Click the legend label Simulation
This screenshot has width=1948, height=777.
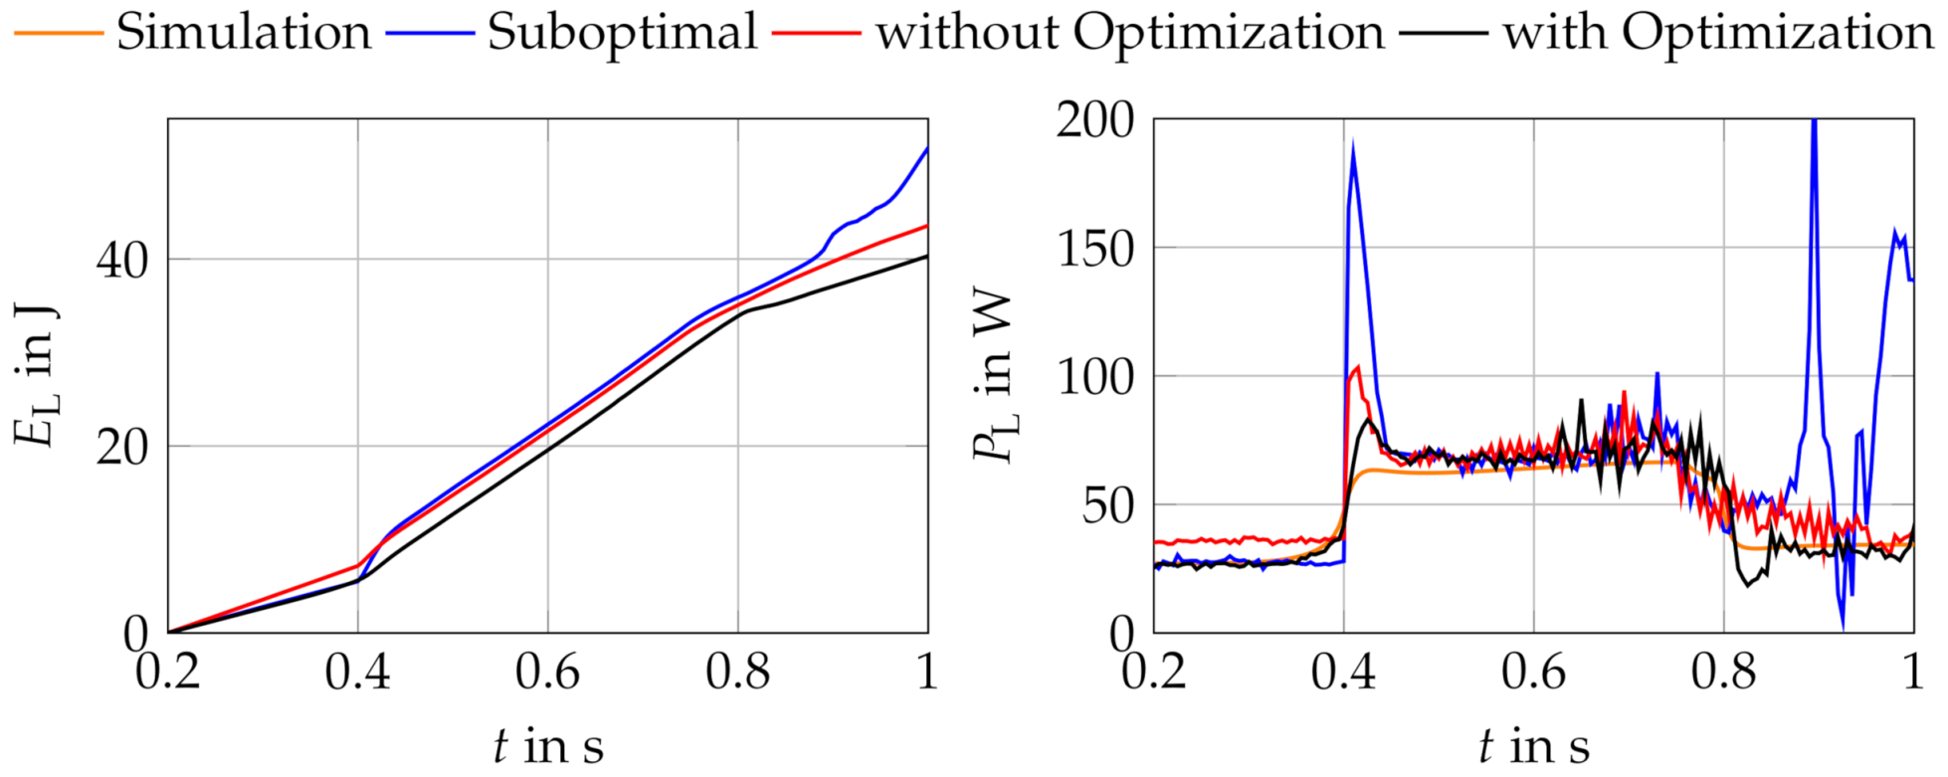244,32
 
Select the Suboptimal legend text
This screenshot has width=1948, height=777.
622,32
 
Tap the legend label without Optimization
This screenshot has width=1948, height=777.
1129,32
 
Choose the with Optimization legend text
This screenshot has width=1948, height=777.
1718,32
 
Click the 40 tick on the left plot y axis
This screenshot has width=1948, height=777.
122,260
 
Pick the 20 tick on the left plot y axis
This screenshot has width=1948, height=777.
122,447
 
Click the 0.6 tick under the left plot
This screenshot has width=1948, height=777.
547,674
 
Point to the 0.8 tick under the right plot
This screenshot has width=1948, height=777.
1723,674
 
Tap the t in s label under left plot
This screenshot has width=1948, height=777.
547,746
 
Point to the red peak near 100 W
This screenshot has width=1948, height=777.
1358,367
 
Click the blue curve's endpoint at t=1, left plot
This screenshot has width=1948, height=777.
927,148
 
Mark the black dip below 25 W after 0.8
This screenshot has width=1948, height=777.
1747,585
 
